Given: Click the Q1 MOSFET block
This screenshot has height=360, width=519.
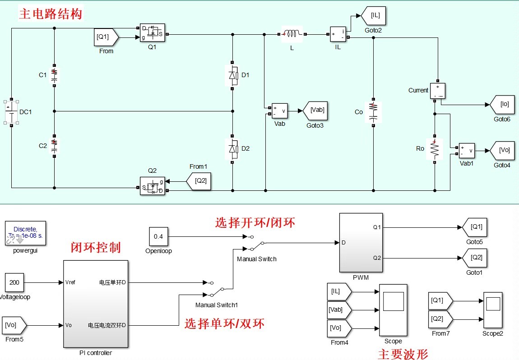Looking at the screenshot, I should coord(152,33).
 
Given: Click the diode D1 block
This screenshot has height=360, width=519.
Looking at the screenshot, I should coord(232,75).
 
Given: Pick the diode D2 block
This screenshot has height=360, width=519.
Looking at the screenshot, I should coord(232,148).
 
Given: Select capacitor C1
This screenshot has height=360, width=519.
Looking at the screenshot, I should coord(54,75).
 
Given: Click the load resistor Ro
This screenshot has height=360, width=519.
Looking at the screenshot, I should coord(434,148).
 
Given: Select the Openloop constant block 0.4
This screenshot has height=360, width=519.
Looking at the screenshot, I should coord(158,236).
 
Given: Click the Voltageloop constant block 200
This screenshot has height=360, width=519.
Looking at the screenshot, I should coord(14,283).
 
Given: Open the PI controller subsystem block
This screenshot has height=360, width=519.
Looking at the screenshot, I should coord(95,304).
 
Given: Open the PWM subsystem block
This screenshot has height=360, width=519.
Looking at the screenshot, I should coord(360,243).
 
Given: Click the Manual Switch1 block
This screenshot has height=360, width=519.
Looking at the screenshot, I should coord(216,289).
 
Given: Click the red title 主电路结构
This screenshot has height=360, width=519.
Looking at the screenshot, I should coord(51,14).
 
